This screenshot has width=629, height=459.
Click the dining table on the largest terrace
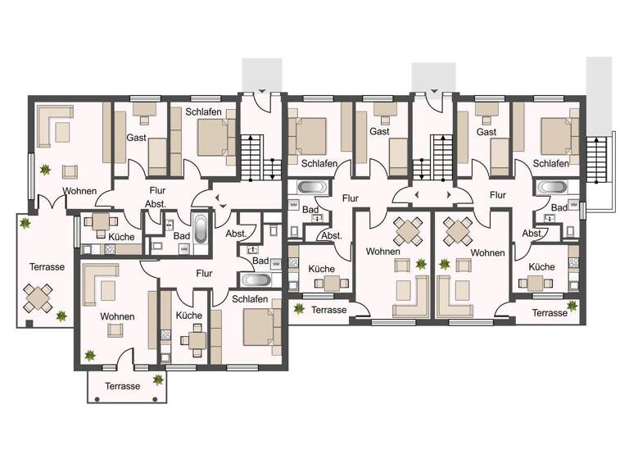(39, 298)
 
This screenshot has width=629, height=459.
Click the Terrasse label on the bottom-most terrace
(122, 385)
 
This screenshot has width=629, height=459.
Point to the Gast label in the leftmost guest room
(136, 139)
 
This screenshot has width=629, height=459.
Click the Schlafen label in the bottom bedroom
(250, 299)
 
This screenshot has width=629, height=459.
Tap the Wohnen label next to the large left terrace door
(78, 192)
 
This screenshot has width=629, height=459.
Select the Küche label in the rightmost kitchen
(542, 267)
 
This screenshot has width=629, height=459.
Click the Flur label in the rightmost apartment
(497, 196)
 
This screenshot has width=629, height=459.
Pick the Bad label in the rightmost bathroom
(559, 208)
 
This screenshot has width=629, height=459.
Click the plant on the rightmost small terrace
(572, 306)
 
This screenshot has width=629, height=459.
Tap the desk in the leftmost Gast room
(146, 107)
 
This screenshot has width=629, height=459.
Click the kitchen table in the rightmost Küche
(537, 284)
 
